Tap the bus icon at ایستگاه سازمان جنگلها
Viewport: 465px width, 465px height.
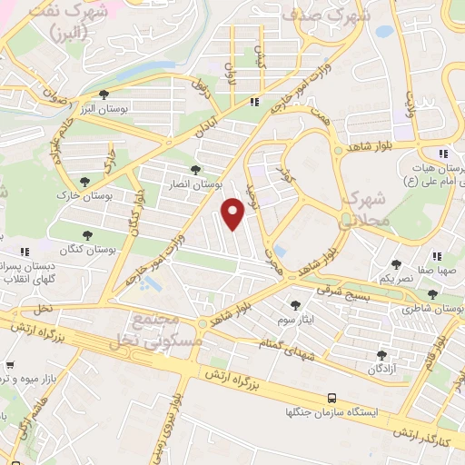tap(332, 398)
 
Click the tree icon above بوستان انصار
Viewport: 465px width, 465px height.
tap(195, 170)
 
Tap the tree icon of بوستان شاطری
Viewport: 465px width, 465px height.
tap(432, 295)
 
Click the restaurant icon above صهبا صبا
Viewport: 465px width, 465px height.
tap(438, 256)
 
